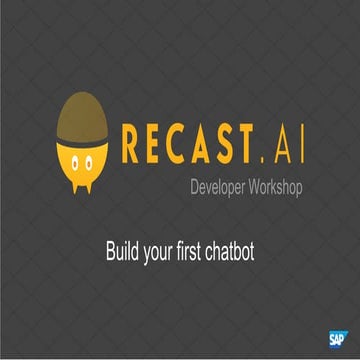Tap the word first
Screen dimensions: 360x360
(x=202, y=251)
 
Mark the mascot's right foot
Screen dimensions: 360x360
(x=95, y=186)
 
